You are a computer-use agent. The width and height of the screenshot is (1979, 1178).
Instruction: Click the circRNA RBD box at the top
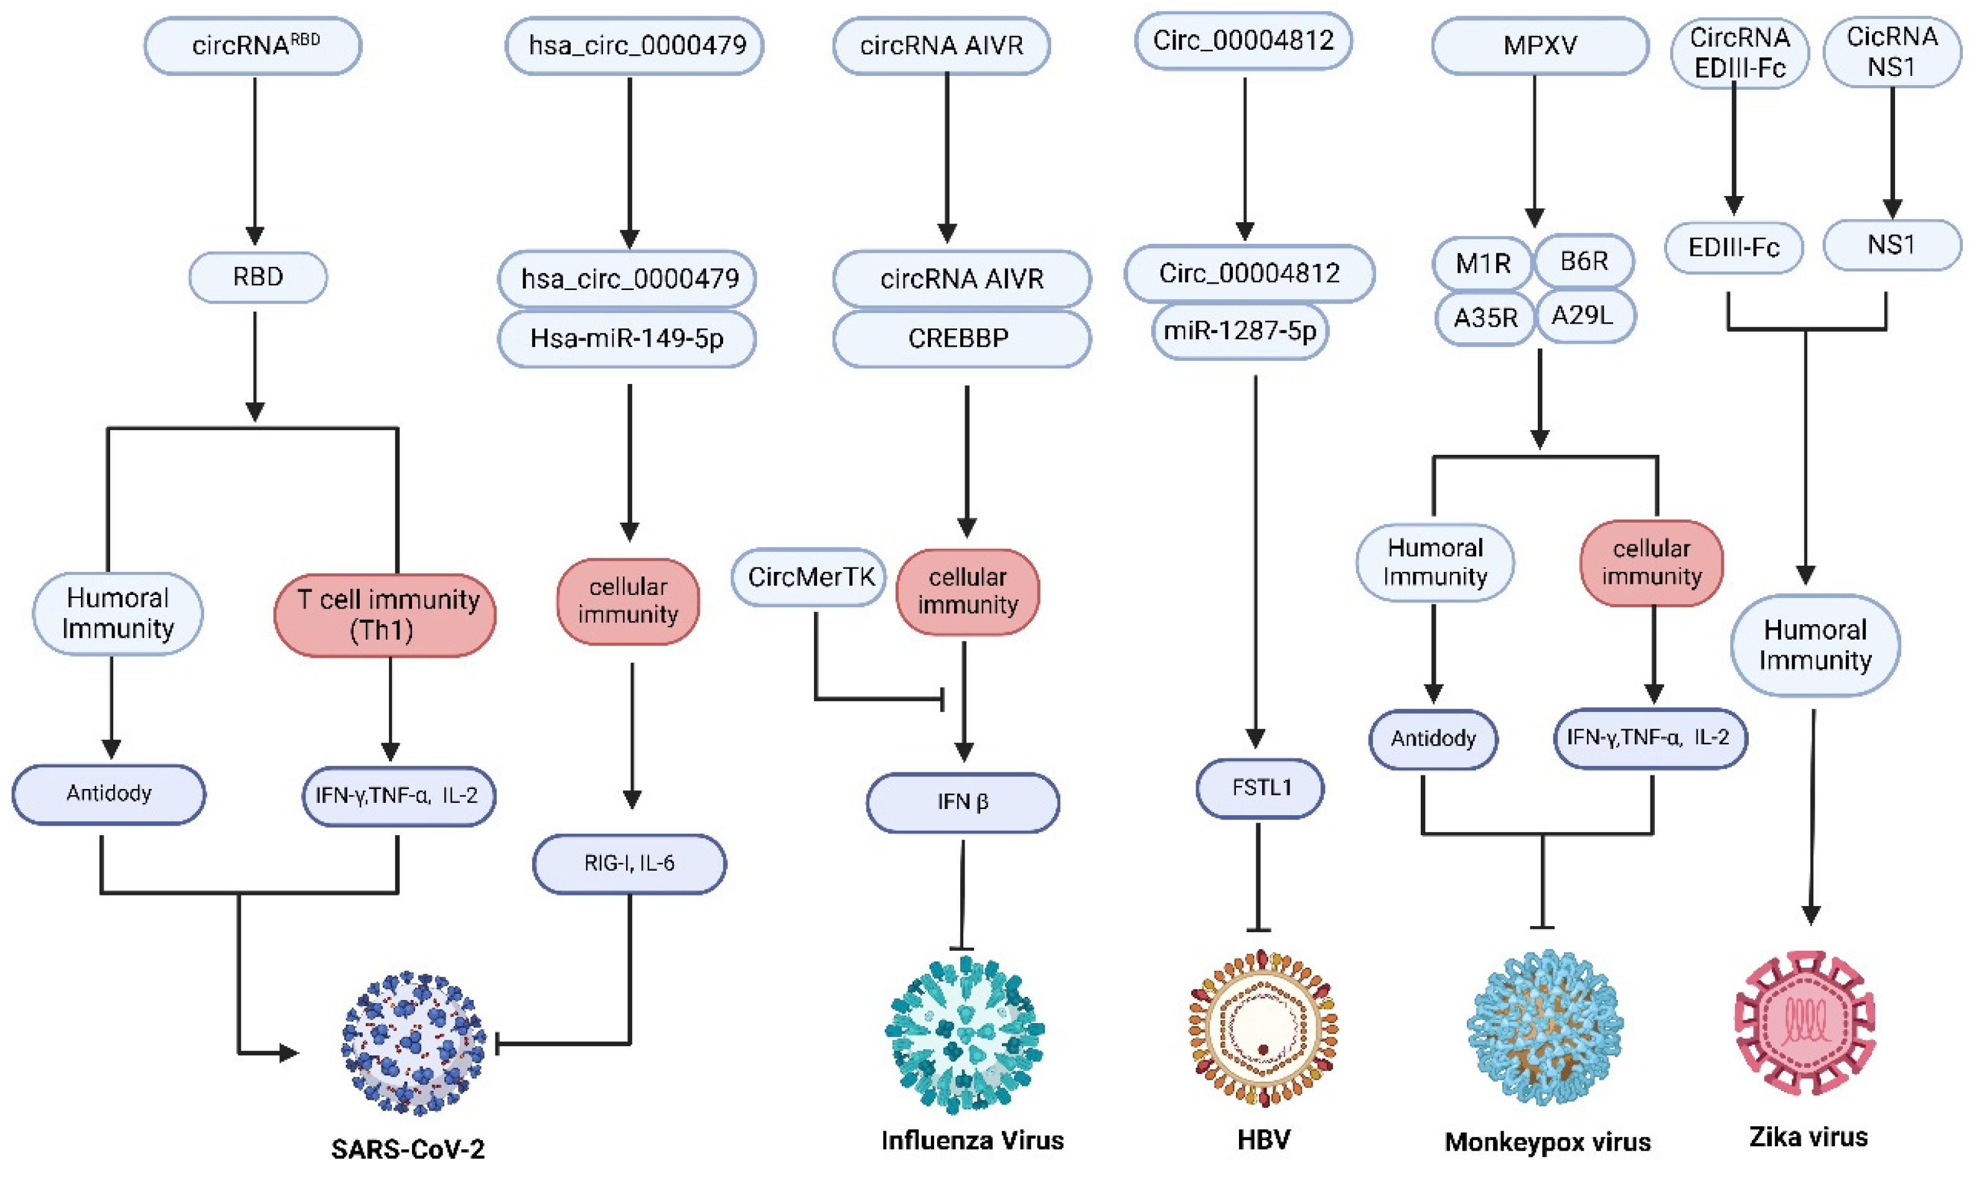tap(253, 45)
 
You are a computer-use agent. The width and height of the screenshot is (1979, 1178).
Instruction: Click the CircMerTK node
tap(809, 577)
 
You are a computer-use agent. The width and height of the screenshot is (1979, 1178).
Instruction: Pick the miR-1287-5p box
tap(1239, 330)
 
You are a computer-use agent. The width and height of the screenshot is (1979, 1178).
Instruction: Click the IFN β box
tap(962, 802)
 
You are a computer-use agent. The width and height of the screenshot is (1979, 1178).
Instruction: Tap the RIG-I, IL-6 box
tap(629, 863)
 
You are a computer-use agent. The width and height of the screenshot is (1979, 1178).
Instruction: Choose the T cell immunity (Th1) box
tap(385, 614)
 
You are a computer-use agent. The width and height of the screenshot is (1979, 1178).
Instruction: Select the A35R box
tap(1484, 317)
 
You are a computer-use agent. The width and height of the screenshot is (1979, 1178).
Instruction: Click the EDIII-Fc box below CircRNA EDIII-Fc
tap(1733, 248)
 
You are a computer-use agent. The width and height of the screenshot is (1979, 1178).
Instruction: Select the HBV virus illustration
tap(1262, 1028)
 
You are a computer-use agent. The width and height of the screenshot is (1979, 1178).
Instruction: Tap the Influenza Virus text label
tap(971, 1140)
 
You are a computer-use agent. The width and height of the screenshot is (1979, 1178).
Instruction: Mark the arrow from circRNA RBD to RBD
tap(255, 159)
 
